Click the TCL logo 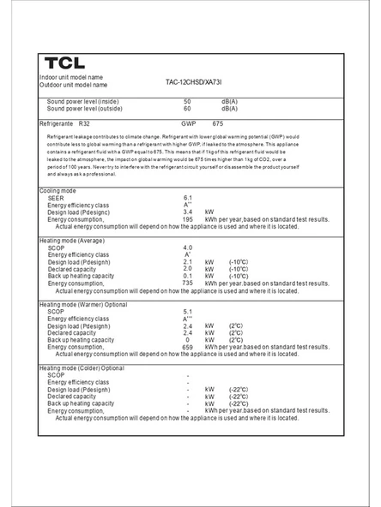pyautogui.click(x=64, y=63)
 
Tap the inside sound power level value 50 pyautogui.click(x=187, y=102)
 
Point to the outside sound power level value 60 pyautogui.click(x=187, y=109)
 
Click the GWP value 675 pyautogui.click(x=218, y=124)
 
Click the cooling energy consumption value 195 pyautogui.click(x=187, y=219)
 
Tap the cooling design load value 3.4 pyautogui.click(x=187, y=212)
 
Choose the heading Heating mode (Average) pyautogui.click(x=72, y=241)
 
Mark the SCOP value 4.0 pyautogui.click(x=187, y=248)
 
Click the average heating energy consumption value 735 pyautogui.click(x=187, y=283)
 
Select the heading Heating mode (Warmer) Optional pyautogui.click(x=83, y=304)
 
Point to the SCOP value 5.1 pyautogui.click(x=187, y=312)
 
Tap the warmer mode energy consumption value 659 pyautogui.click(x=187, y=347)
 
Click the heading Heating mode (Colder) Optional pyautogui.click(x=82, y=368)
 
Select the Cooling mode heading pyautogui.click(x=57, y=190)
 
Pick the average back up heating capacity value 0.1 pyautogui.click(x=187, y=276)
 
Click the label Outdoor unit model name pyautogui.click(x=74, y=85)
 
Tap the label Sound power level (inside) pyautogui.click(x=82, y=102)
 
